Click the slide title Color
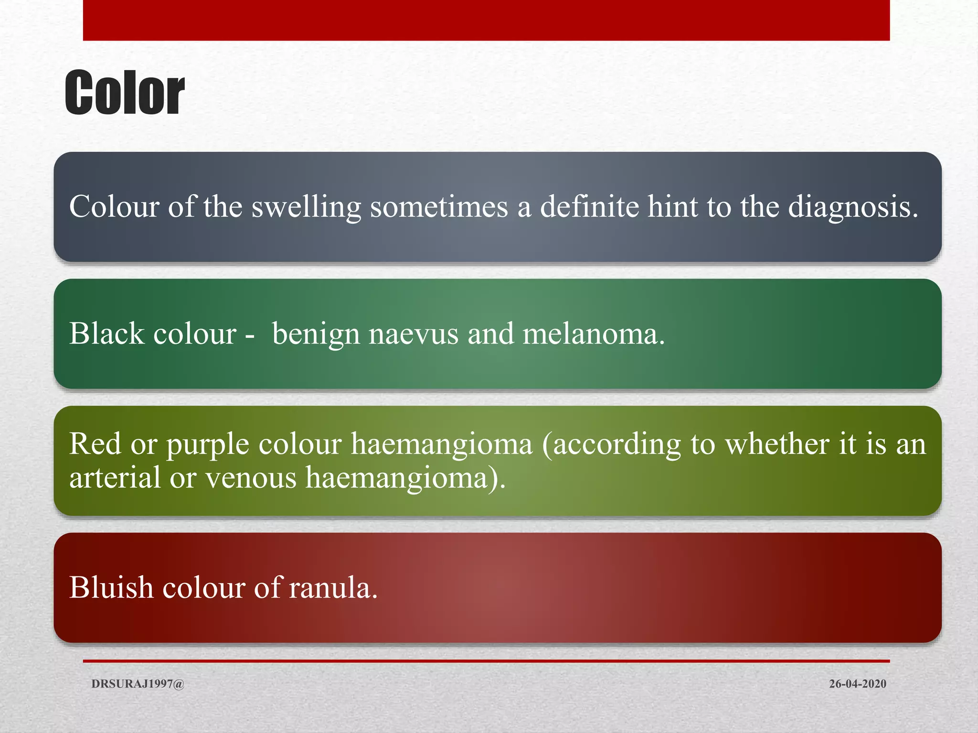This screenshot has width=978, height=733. (125, 93)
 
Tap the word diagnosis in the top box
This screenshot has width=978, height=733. (853, 207)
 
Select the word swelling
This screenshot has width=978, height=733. (306, 207)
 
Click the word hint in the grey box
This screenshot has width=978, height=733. (673, 207)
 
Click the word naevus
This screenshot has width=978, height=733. (414, 334)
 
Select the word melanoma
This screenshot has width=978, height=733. (594, 334)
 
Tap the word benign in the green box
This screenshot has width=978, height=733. (316, 334)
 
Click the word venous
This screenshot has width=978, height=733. (251, 478)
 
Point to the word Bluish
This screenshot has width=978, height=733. (111, 587)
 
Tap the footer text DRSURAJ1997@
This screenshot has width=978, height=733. (138, 684)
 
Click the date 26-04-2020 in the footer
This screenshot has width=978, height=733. (857, 684)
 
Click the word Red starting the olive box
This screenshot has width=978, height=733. (95, 444)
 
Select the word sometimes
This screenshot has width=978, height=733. (439, 207)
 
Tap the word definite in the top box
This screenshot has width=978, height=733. (589, 207)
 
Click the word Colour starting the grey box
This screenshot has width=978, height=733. (114, 207)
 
